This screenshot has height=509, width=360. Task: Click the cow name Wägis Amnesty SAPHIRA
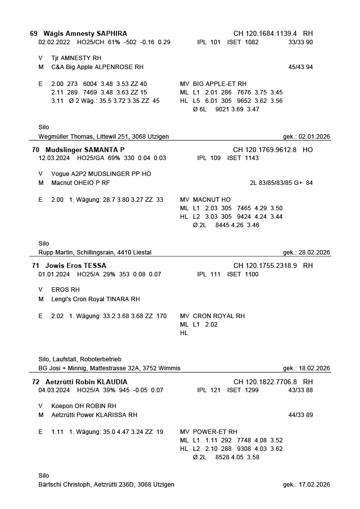[85, 33]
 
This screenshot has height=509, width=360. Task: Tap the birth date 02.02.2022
[54, 42]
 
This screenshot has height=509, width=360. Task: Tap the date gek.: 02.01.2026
[306, 137]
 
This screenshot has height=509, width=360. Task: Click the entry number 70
[35, 149]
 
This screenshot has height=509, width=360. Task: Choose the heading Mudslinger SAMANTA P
[85, 149]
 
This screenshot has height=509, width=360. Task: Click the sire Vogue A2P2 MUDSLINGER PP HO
[101, 174]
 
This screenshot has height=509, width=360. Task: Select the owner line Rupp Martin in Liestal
[94, 253]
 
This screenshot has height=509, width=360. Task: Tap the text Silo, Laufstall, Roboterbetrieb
[80, 359]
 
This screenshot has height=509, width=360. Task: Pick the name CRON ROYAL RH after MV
[219, 316]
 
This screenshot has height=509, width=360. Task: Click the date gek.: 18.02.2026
[306, 368]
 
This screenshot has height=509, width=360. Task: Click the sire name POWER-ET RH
[215, 432]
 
